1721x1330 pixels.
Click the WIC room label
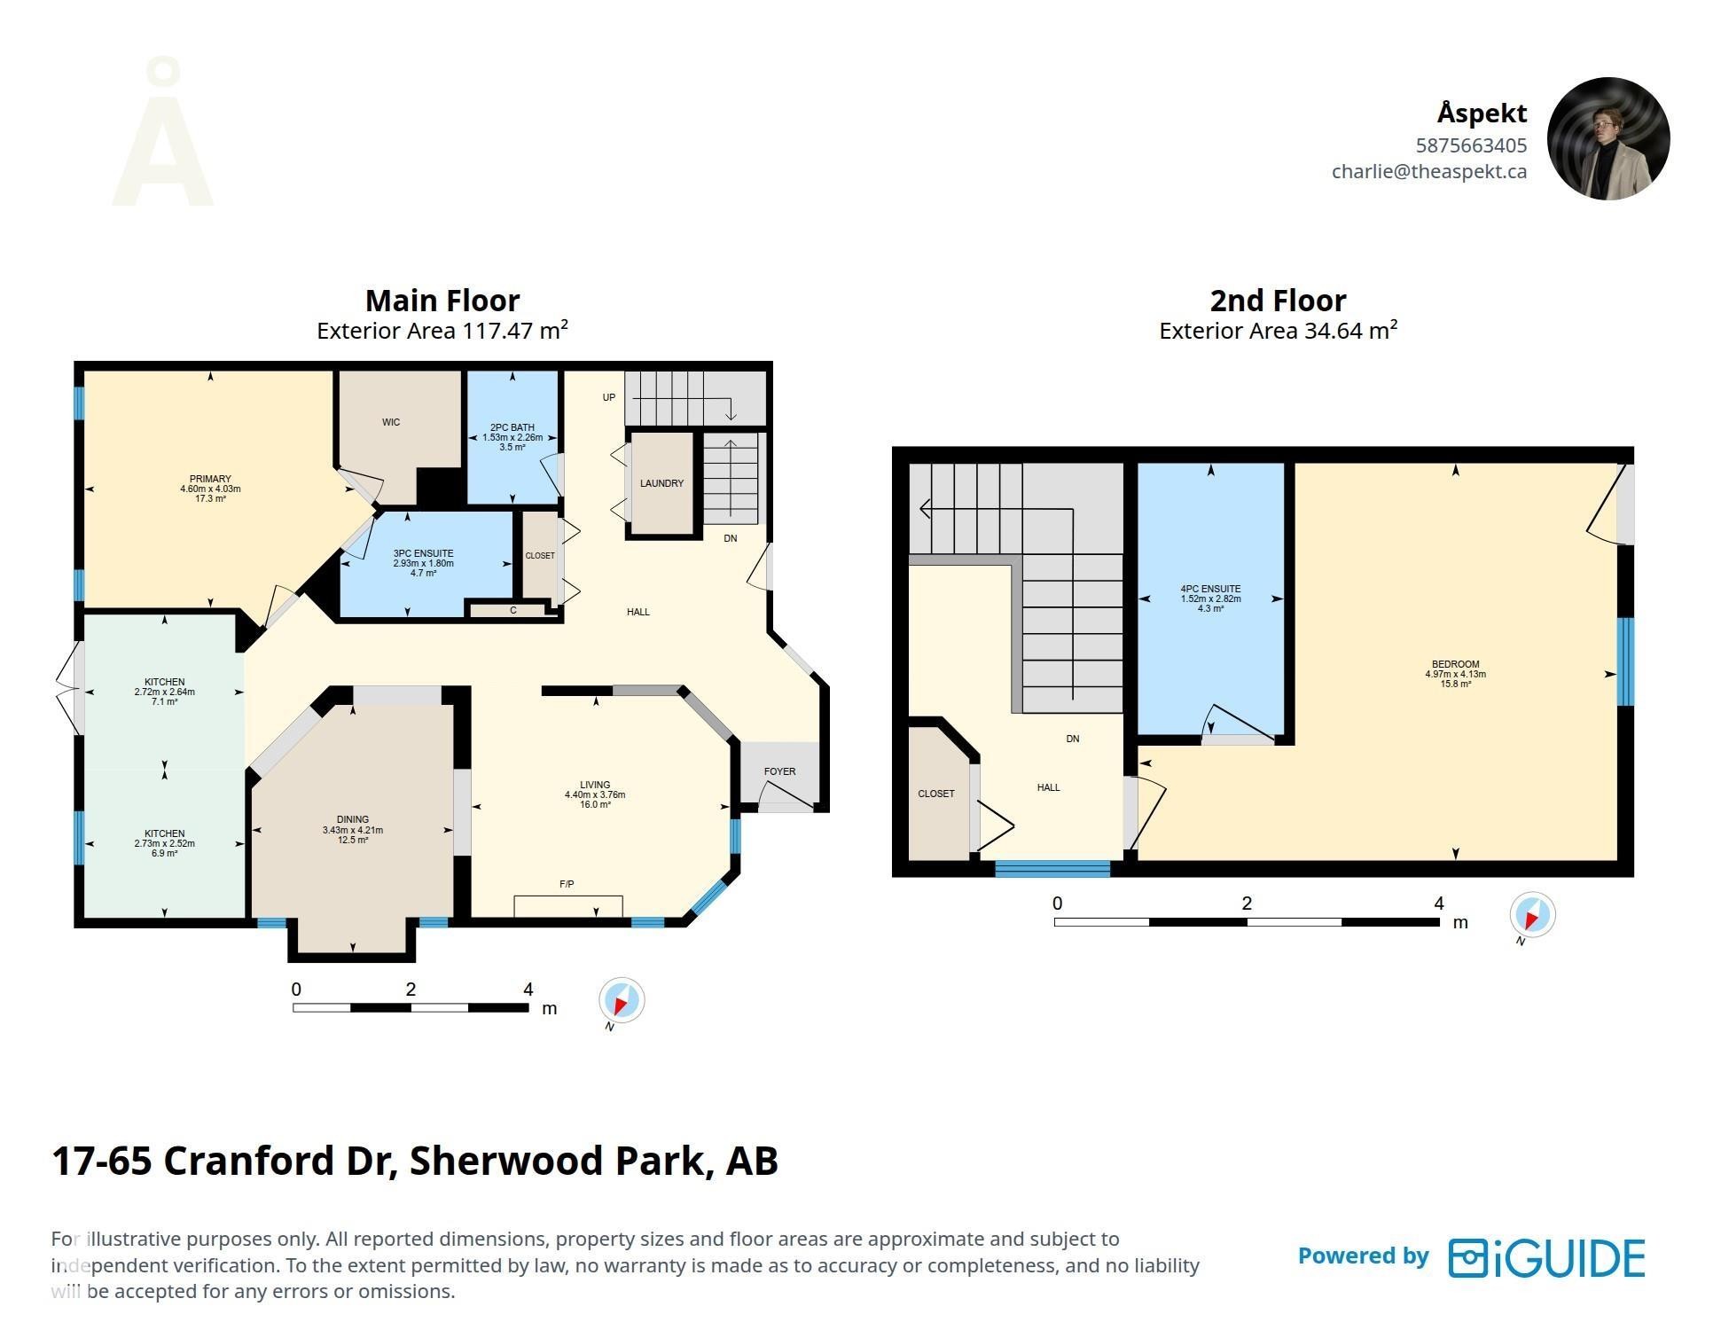coord(391,422)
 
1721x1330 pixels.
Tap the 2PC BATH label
coord(512,427)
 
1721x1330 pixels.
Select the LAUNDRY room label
coord(661,483)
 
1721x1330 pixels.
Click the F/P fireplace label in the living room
coord(567,884)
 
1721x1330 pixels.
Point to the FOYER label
coord(779,771)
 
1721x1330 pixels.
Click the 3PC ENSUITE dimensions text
coord(423,563)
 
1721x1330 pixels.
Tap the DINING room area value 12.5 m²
coord(352,841)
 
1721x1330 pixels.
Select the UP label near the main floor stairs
coord(608,397)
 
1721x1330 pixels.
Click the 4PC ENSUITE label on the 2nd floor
coord(1210,589)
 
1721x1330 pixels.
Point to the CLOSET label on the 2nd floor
coord(935,794)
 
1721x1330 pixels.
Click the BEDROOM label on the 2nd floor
coord(1455,664)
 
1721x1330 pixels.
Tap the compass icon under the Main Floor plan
coord(621,1001)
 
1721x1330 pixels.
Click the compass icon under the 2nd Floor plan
coord(1532,914)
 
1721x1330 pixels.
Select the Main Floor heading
coord(442,301)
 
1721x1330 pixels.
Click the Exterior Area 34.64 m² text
coord(1278,331)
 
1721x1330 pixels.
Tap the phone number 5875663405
coord(1471,145)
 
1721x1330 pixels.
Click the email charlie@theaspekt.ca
coord(1428,171)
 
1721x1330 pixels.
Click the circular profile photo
coord(1608,138)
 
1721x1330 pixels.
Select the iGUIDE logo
coord(1546,1257)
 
